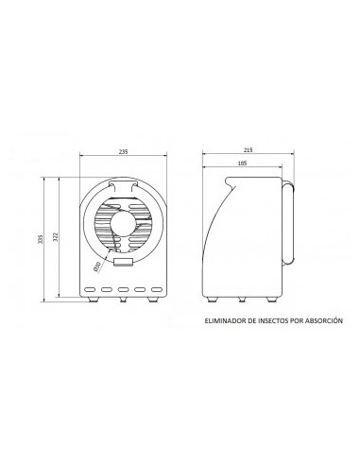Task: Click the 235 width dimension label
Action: [x=123, y=151]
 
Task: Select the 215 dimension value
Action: [x=249, y=150]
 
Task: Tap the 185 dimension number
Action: [x=242, y=163]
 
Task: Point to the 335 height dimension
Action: [x=40, y=239]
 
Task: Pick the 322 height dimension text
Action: [x=55, y=236]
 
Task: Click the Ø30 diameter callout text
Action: [x=96, y=267]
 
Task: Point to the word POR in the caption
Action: [x=297, y=320]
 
